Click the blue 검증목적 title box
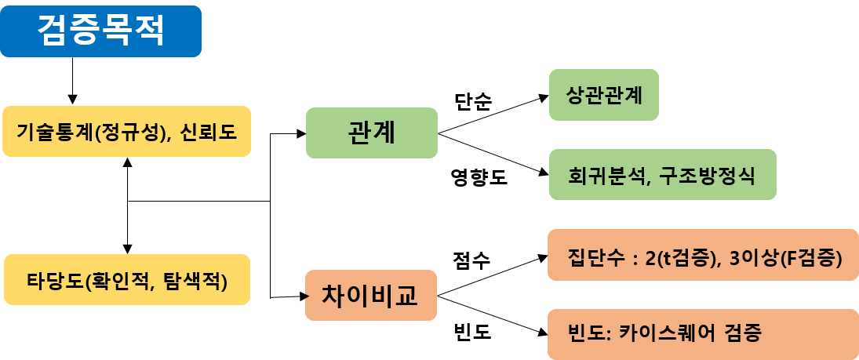pos(100,31)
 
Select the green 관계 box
pos(371,133)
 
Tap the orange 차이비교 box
pos(370,295)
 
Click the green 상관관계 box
pos(603,96)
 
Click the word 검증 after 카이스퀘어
pos(741,333)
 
